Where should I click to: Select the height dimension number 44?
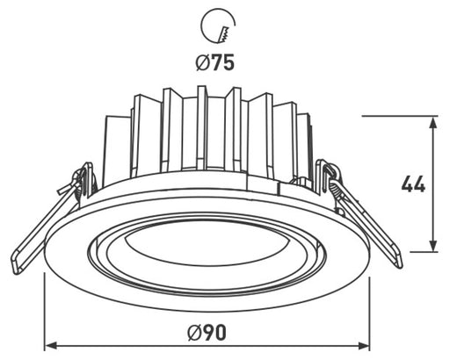tap(412, 185)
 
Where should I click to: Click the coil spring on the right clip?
tap(331, 180)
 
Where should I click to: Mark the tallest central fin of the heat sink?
tap(202, 127)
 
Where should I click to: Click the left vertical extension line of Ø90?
tap(44, 307)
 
